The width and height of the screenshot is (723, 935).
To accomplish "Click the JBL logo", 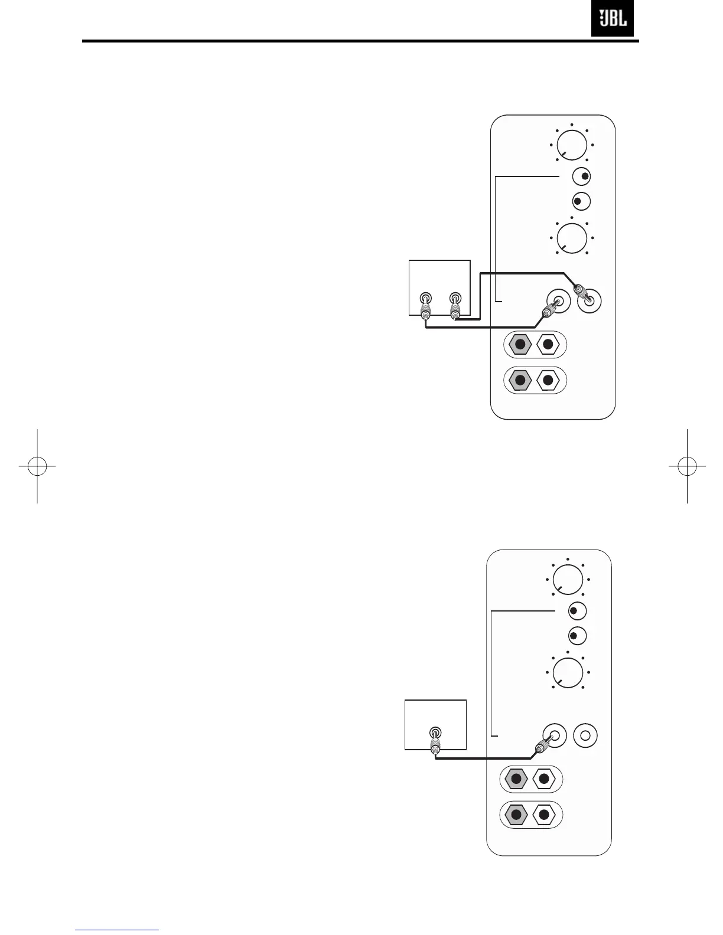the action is [x=613, y=19].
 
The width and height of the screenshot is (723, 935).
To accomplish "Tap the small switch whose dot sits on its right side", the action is [x=582, y=176].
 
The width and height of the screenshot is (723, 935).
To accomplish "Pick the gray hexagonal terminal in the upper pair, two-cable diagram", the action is [x=520, y=344].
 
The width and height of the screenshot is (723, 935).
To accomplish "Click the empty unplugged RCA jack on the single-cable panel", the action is [x=585, y=735].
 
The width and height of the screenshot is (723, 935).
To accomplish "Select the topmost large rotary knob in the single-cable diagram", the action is [x=568, y=579].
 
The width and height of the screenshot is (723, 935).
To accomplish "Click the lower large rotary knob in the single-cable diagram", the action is [x=568, y=673].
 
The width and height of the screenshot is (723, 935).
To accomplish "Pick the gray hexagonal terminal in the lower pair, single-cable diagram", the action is [x=516, y=816].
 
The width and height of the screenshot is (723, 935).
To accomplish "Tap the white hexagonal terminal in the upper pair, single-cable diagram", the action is [x=545, y=779].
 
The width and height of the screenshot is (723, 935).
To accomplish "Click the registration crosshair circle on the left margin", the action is [x=37, y=466].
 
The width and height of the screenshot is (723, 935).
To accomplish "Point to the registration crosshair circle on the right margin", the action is [x=687, y=466].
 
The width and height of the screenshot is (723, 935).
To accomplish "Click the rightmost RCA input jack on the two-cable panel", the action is [x=589, y=301].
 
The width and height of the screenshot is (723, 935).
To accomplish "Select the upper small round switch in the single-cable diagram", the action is [x=577, y=611].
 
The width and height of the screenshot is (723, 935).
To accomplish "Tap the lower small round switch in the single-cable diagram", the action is [x=577, y=636].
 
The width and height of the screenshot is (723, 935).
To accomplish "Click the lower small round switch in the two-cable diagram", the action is [x=581, y=202].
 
